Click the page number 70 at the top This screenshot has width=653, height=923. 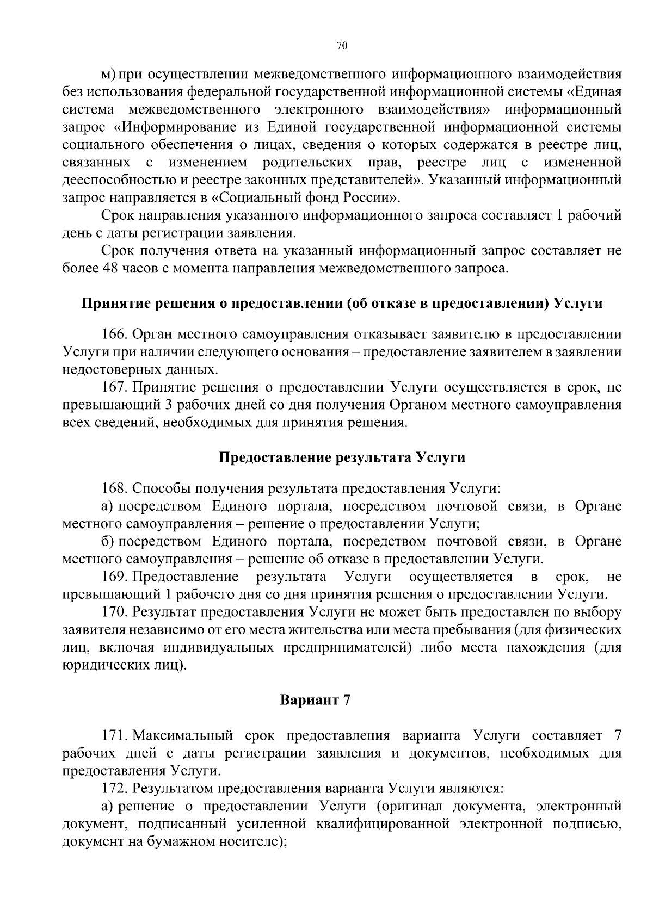pyautogui.click(x=342, y=46)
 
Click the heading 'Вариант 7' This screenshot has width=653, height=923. pyautogui.click(x=315, y=699)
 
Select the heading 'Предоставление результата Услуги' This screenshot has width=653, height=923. pyautogui.click(x=342, y=457)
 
